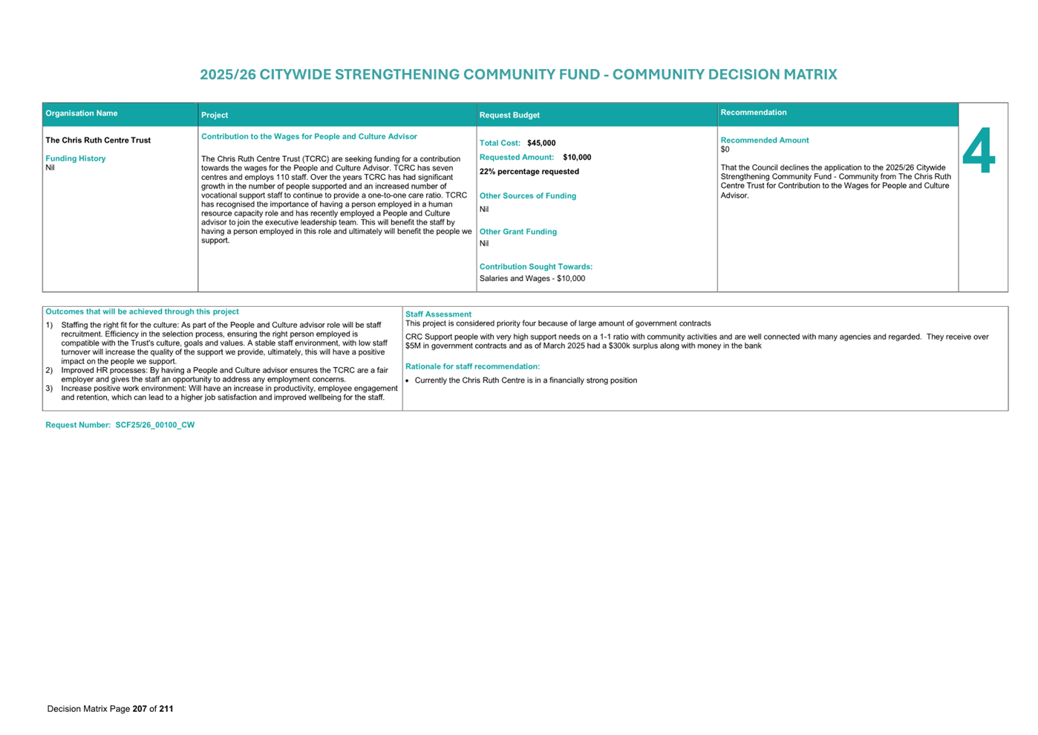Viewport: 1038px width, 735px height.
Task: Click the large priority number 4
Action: [x=979, y=152]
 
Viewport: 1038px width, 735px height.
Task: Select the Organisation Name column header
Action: [x=82, y=114]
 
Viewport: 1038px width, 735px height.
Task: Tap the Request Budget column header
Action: [x=509, y=115]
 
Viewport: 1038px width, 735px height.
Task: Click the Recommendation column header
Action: [x=753, y=113]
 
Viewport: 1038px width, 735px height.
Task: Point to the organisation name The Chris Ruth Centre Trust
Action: [x=98, y=140]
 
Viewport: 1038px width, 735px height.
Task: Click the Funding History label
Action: [x=76, y=158]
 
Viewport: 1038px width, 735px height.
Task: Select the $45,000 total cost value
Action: [x=541, y=143]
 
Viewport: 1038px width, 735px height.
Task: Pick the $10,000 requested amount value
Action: [x=577, y=158]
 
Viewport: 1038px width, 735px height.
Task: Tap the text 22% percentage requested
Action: [x=529, y=172]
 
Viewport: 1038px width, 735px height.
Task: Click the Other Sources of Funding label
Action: [x=528, y=196]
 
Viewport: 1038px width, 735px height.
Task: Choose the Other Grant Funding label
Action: [x=518, y=232]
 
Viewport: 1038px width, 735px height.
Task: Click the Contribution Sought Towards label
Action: [x=536, y=267]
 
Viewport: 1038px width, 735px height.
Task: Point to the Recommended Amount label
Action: [x=765, y=140]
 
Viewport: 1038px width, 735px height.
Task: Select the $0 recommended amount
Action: [x=725, y=149]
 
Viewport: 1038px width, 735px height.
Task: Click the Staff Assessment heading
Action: [x=438, y=314]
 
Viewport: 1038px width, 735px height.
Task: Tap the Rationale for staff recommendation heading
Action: [x=472, y=366]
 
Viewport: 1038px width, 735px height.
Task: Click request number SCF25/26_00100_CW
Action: [x=154, y=425]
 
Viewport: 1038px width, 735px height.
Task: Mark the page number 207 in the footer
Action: [x=140, y=709]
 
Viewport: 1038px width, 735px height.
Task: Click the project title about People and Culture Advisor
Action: [x=309, y=137]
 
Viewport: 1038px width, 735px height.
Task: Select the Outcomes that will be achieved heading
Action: [x=142, y=312]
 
